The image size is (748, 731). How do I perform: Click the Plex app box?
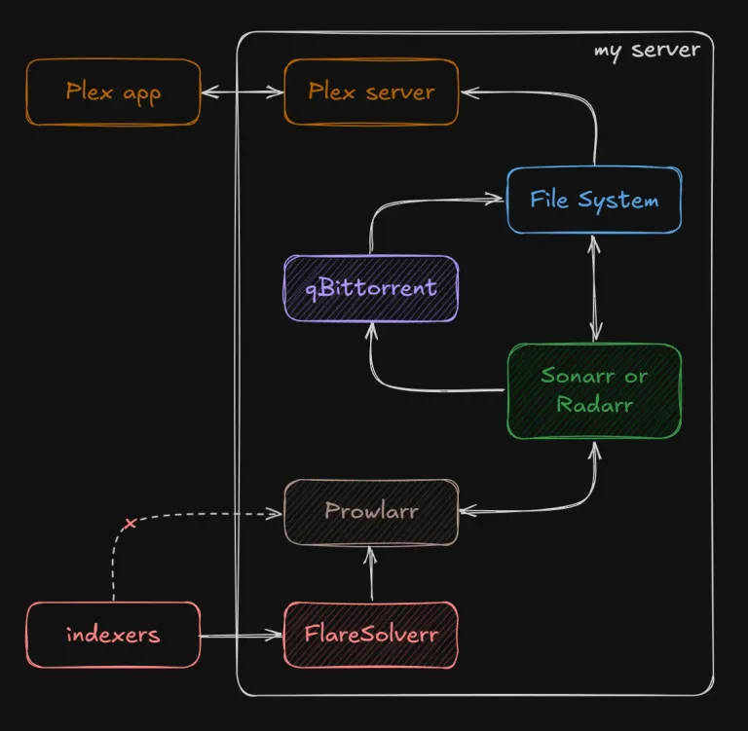coord(113,92)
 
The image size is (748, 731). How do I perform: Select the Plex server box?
coord(371,92)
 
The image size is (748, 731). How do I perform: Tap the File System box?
coord(594,200)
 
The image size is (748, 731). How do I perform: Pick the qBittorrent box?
coord(371,288)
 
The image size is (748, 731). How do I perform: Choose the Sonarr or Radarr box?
coord(594,390)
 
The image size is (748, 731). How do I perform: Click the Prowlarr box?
coord(371,512)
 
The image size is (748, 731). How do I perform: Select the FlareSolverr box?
coord(371,635)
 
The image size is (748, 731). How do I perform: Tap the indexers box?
coord(113,635)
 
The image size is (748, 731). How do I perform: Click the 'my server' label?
coord(647,51)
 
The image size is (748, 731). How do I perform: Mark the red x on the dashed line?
coord(130,523)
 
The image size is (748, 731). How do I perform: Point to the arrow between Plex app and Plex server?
coord(243,92)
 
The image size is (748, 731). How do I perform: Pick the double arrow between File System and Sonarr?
coord(594,288)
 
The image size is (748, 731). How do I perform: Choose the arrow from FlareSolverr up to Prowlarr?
coord(371,573)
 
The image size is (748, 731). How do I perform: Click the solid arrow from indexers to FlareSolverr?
coord(242,636)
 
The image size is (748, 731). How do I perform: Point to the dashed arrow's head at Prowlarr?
coord(275,514)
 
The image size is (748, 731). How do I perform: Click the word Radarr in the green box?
coord(594,405)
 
